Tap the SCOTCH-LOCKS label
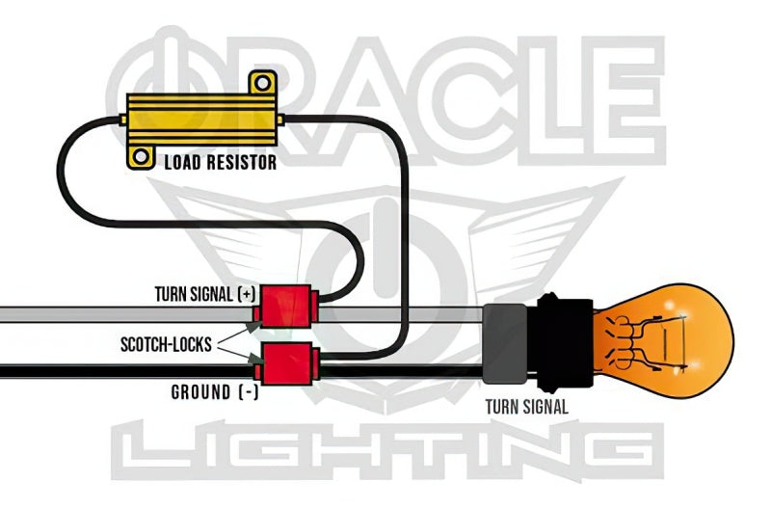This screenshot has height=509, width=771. click(x=165, y=342)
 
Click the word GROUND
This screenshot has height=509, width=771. click(x=199, y=392)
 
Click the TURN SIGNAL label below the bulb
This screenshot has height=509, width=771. click(x=526, y=406)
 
